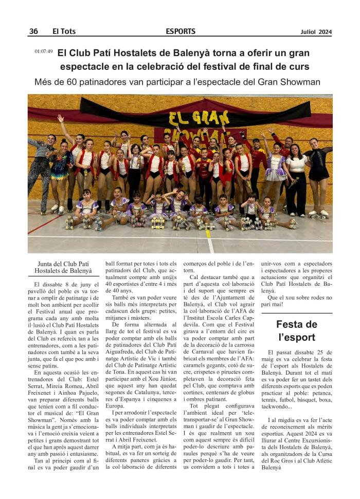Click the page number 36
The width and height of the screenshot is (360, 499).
click(x=33, y=31)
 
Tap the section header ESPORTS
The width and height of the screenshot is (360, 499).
click(x=181, y=31)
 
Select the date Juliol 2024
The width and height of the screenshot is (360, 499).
click(x=316, y=32)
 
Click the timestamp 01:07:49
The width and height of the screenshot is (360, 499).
click(x=44, y=52)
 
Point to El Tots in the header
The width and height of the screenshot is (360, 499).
click(x=64, y=31)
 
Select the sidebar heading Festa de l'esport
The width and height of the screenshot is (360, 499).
click(x=297, y=330)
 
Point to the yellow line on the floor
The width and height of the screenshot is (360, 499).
click(x=208, y=241)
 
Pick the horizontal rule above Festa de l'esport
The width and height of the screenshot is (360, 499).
click(x=297, y=312)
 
